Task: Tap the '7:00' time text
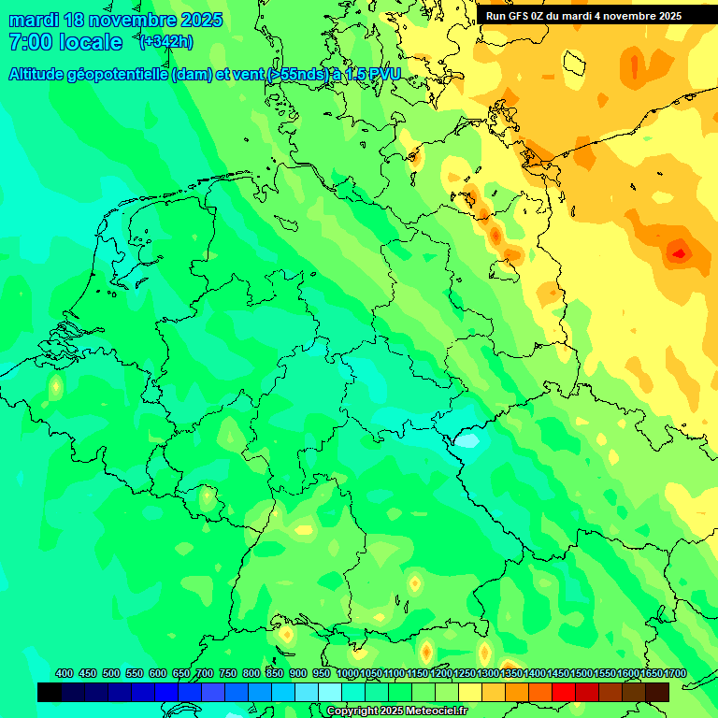[28, 42]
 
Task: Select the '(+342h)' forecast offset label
[166, 42]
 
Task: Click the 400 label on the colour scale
[65, 674]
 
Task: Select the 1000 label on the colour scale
[347, 674]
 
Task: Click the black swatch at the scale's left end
[50, 692]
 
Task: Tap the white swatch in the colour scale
[330, 692]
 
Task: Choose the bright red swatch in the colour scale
[564, 692]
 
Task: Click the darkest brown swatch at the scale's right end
[657, 692]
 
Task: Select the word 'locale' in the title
[91, 42]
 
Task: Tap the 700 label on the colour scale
[205, 674]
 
